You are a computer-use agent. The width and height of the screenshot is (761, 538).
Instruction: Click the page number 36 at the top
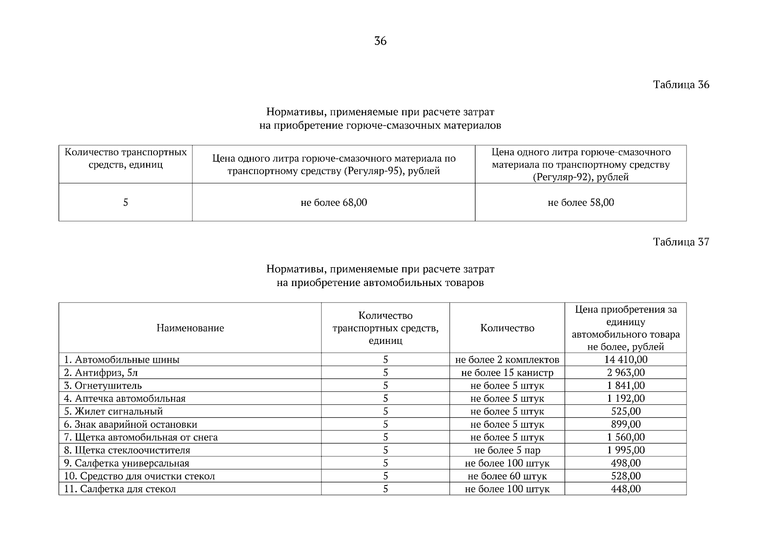380,41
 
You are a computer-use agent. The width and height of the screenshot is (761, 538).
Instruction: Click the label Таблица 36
681,85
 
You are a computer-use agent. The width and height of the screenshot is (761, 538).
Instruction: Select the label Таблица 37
681,242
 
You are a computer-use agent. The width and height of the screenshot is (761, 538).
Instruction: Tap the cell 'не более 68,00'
333,203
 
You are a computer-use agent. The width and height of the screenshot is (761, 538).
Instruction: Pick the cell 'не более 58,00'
581,203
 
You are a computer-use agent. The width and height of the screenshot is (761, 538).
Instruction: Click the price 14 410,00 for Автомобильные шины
626,360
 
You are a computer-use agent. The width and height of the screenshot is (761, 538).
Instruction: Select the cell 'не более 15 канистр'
507,373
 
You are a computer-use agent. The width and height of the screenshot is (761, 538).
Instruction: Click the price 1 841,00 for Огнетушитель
626,386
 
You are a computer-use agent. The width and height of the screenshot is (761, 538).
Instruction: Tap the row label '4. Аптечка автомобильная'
125,399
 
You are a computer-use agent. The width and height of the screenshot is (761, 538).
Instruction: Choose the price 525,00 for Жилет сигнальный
626,411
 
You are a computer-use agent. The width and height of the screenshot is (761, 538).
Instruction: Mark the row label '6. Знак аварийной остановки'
130,424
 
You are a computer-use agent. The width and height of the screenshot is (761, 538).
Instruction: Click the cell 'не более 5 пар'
507,450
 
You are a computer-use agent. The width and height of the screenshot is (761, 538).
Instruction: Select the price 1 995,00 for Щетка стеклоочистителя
626,450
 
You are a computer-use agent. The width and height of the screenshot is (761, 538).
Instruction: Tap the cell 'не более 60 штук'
507,476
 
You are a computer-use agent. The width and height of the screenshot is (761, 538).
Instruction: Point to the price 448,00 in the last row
626,489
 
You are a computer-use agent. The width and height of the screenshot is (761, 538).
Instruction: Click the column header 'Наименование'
190,328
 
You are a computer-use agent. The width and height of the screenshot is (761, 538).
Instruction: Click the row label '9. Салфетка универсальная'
126,463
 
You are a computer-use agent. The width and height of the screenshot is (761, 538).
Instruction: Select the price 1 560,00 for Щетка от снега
626,437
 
